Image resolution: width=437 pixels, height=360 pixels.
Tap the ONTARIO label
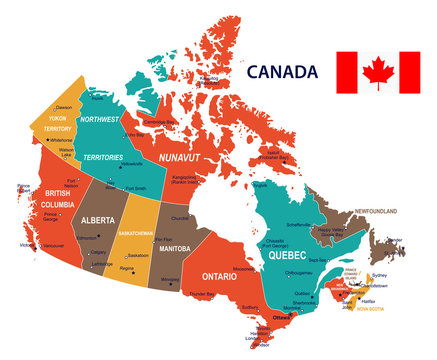pyautogui.click(x=226, y=275)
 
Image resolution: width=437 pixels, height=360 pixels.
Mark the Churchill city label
pyautogui.click(x=181, y=217)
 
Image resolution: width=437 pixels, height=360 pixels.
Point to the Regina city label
pyautogui.click(x=127, y=269)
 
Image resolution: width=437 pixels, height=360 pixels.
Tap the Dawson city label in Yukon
pyautogui.click(x=64, y=107)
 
